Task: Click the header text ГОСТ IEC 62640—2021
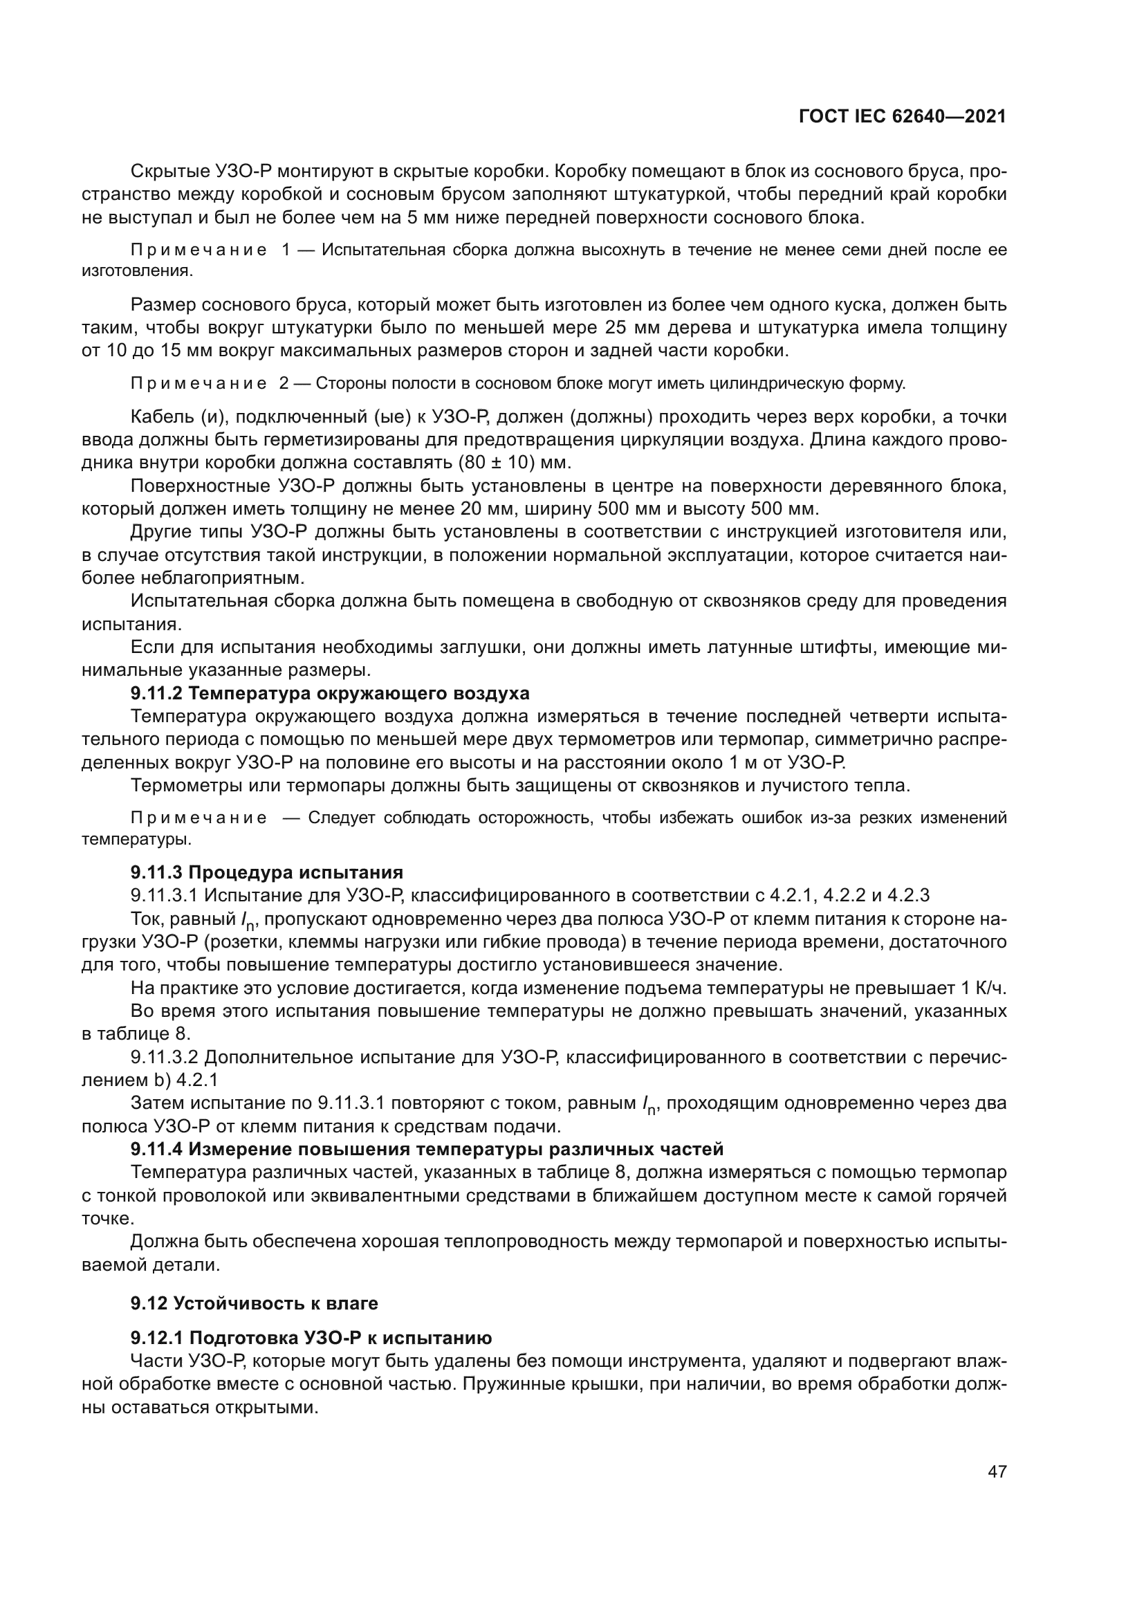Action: pyautogui.click(x=902, y=117)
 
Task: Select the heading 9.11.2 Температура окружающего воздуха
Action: pyautogui.click(x=330, y=693)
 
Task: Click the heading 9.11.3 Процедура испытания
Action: pyautogui.click(x=266, y=872)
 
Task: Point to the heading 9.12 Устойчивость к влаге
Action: pyautogui.click(x=255, y=1303)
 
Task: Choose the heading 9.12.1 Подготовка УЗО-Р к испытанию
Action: pyautogui.click(x=311, y=1338)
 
